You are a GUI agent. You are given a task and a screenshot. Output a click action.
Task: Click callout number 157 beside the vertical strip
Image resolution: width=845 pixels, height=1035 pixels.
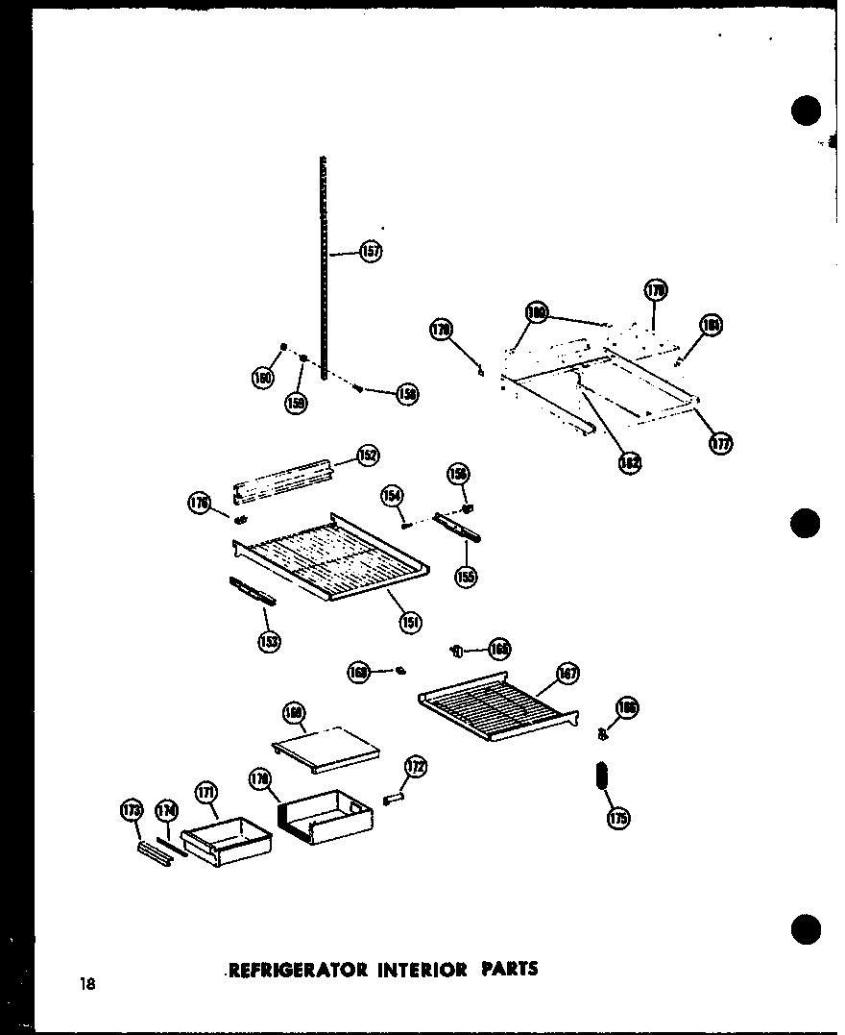click(371, 252)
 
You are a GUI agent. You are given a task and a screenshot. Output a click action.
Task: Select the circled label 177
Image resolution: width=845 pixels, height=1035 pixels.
click(719, 443)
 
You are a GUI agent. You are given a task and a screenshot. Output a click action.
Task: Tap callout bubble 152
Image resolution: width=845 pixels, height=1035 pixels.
click(368, 456)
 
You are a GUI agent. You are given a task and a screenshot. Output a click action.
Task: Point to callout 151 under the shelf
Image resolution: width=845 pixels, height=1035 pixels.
click(411, 622)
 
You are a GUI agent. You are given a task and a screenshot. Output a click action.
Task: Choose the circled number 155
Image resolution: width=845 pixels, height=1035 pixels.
click(467, 577)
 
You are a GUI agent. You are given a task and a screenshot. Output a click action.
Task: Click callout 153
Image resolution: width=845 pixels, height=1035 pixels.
click(269, 641)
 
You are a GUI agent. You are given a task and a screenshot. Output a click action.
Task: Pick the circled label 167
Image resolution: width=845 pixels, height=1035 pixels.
click(567, 674)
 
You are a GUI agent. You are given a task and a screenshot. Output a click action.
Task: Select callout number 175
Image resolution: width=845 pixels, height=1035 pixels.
click(617, 819)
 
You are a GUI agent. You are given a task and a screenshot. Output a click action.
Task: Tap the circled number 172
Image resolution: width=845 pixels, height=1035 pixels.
click(415, 767)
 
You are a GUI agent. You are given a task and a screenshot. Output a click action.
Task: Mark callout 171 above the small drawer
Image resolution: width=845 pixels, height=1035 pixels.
click(206, 792)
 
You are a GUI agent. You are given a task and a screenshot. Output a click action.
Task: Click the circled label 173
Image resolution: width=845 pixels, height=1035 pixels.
click(132, 812)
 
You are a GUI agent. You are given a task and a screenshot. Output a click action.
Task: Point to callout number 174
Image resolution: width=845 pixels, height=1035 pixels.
click(167, 812)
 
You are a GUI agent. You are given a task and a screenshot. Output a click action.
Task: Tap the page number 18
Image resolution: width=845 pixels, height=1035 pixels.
click(88, 983)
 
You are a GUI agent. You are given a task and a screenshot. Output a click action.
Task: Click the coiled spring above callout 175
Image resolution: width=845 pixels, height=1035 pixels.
click(603, 775)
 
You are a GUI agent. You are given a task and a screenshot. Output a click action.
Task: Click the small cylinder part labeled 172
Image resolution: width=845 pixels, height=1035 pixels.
click(395, 799)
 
